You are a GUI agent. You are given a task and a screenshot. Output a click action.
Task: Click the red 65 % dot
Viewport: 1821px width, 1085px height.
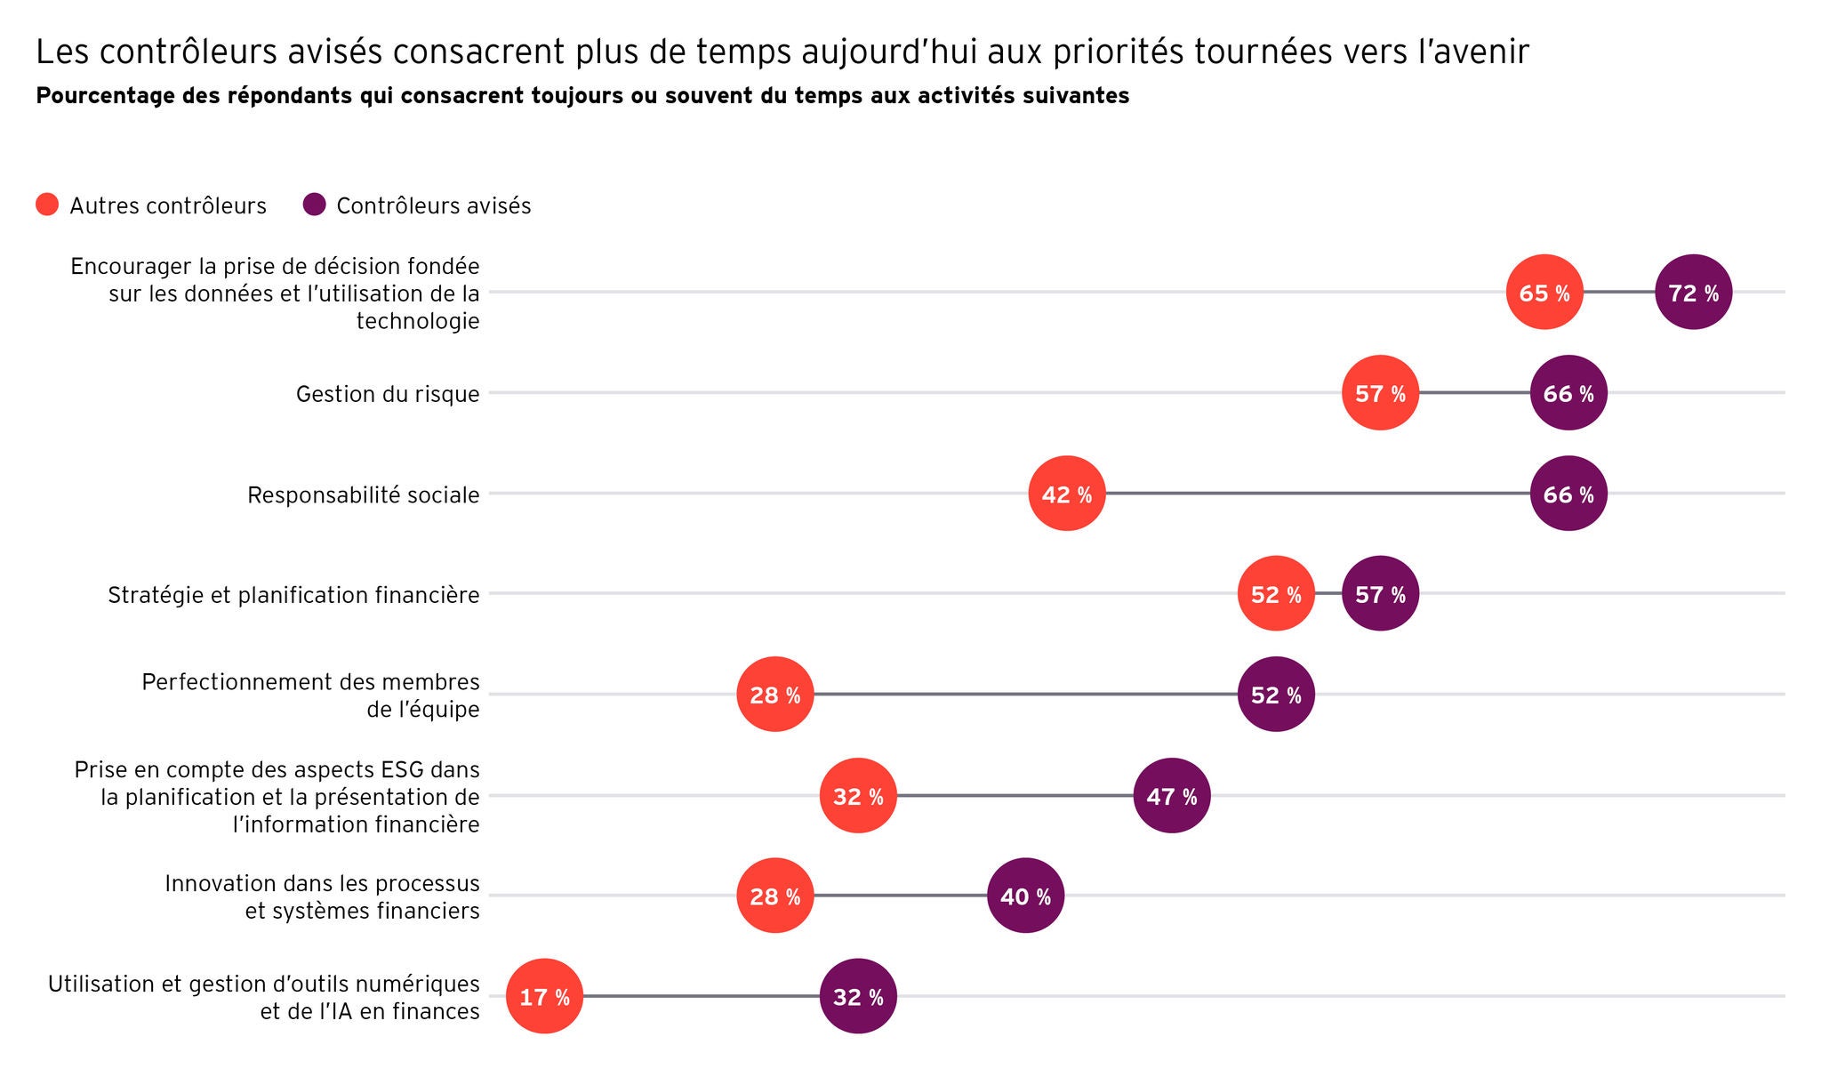pyautogui.click(x=1544, y=292)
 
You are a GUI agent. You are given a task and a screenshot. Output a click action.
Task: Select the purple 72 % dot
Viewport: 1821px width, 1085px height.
pyautogui.click(x=1693, y=292)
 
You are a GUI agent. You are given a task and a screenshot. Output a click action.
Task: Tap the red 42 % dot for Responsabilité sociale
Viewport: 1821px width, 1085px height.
pyautogui.click(x=1067, y=494)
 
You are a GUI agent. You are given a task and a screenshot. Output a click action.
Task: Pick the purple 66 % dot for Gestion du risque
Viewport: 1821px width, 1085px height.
pyautogui.click(x=1568, y=393)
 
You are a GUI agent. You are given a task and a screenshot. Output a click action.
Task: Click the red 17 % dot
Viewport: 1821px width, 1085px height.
pyautogui.click(x=544, y=996)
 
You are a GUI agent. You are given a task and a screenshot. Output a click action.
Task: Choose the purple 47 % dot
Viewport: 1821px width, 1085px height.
pyautogui.click(x=1171, y=795)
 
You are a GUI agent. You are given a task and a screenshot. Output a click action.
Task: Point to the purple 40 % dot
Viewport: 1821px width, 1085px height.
pyautogui.click(x=1025, y=896)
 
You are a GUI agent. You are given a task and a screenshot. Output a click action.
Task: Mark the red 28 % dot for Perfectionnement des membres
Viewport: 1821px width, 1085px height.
pyautogui.click(x=774, y=695)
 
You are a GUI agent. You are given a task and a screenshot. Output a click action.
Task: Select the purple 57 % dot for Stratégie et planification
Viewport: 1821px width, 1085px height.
pyautogui.click(x=1380, y=594)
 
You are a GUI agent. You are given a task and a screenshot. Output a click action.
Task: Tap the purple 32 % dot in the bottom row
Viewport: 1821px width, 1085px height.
pyautogui.click(x=858, y=996)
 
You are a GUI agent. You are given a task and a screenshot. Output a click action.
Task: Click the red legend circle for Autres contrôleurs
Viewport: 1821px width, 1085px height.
pyautogui.click(x=47, y=205)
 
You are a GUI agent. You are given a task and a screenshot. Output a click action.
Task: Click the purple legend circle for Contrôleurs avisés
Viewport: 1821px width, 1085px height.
pyautogui.click(x=314, y=205)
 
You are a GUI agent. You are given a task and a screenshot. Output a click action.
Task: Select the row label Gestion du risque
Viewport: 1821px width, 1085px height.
pyautogui.click(x=388, y=394)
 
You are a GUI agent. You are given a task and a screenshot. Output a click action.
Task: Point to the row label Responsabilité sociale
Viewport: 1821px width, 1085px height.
pyautogui.click(x=363, y=494)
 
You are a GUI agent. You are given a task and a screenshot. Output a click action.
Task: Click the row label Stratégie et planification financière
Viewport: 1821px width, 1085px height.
pyautogui.click(x=293, y=595)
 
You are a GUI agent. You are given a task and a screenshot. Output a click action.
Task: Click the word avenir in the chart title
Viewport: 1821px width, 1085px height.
pyautogui.click(x=1482, y=52)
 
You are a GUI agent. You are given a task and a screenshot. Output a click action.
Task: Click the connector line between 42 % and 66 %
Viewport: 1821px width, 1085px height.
pyautogui.click(x=1316, y=494)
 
